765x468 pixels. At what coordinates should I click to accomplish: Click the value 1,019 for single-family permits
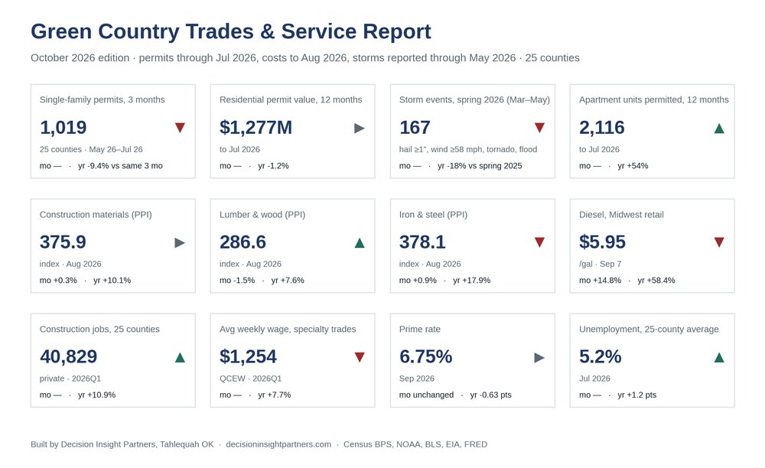[x=63, y=127]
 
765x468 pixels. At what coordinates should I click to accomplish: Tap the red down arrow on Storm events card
[x=539, y=128]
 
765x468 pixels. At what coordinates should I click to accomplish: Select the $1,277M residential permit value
[x=256, y=127]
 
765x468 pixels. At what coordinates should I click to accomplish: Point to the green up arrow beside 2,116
[x=718, y=128]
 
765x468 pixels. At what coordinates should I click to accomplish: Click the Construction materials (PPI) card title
[x=96, y=214]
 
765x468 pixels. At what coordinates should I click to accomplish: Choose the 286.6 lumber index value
[x=243, y=242]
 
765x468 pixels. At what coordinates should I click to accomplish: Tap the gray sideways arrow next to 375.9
[x=180, y=242]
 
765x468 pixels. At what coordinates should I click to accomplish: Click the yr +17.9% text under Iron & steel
[x=471, y=281]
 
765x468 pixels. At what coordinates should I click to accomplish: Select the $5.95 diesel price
[x=602, y=242]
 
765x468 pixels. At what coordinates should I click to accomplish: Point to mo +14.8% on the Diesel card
[x=600, y=281]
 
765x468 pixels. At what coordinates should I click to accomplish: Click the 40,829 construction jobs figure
[x=68, y=356]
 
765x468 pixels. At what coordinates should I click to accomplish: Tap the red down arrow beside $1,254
[x=360, y=357]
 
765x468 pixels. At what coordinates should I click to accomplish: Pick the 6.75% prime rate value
[x=425, y=356]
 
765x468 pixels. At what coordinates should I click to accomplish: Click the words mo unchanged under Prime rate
[x=426, y=395]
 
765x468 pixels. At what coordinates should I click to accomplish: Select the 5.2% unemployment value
[x=600, y=356]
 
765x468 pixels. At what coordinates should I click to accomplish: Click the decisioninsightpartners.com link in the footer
[x=278, y=444]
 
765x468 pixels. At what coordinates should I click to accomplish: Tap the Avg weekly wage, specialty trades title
[x=288, y=329]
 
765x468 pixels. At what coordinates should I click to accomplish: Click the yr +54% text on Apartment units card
[x=633, y=166]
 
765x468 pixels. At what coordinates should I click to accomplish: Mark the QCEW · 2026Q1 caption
[x=250, y=379]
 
